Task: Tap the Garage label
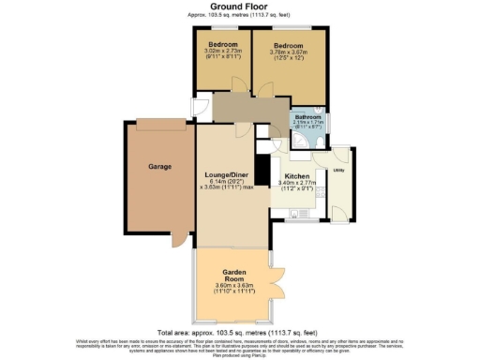(158, 166)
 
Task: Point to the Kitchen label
(297, 175)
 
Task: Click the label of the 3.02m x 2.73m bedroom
(223, 46)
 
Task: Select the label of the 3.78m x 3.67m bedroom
(289, 46)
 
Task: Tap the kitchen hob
(321, 192)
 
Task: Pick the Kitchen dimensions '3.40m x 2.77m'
(297, 182)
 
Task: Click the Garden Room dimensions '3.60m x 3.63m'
(234, 285)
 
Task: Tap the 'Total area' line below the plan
(240, 333)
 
